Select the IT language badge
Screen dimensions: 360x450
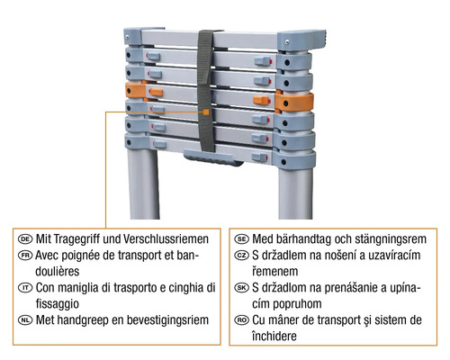pyautogui.click(x=26, y=287)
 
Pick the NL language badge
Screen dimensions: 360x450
pyautogui.click(x=26, y=319)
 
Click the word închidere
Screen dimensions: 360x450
pyautogui.click(x=283, y=336)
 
